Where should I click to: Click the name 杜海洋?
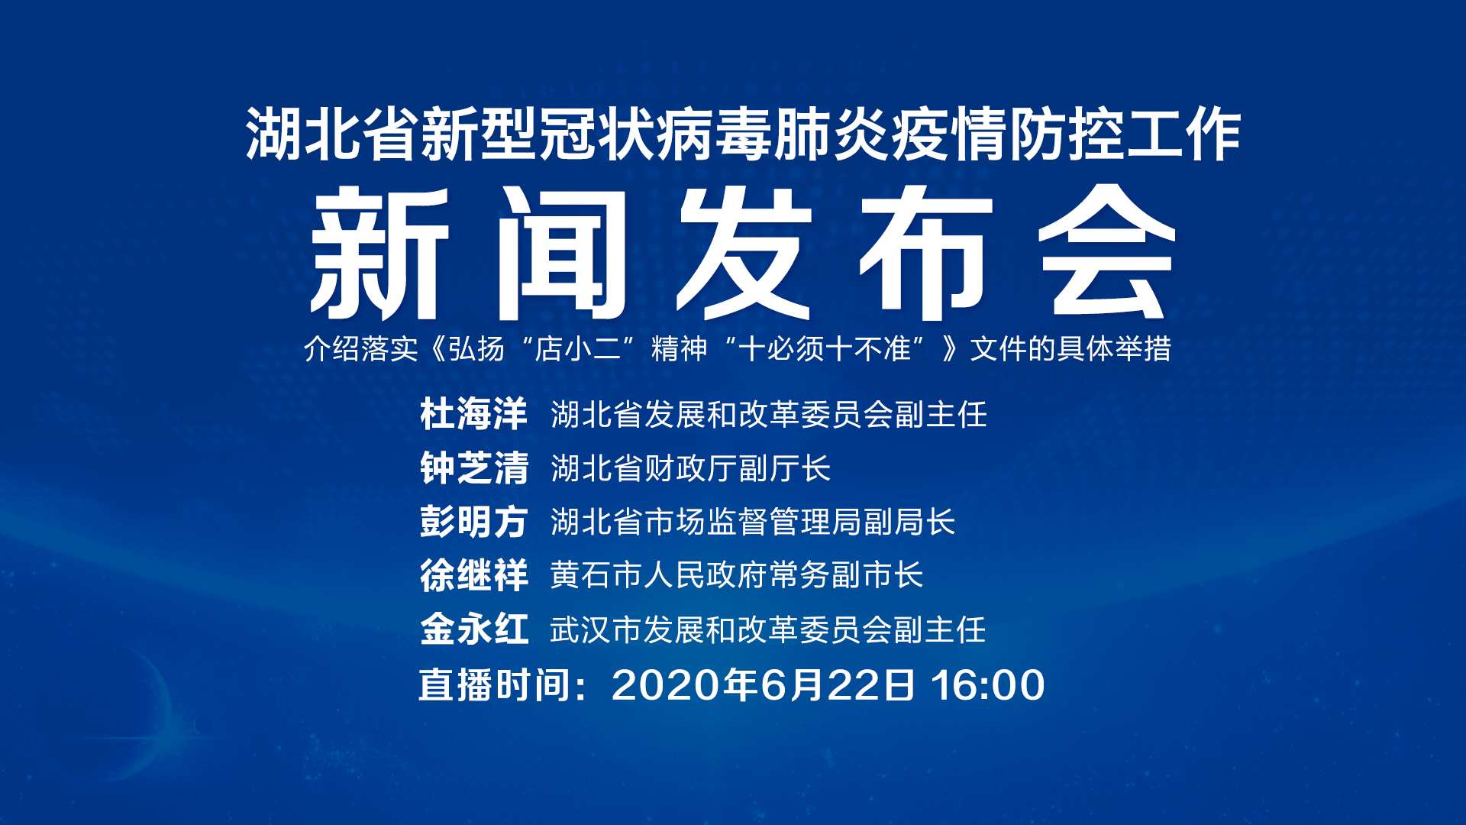tap(473, 415)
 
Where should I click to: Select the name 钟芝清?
tap(473, 468)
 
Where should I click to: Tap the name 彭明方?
tap(473, 522)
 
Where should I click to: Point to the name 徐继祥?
tap(473, 575)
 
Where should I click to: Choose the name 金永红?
tap(473, 630)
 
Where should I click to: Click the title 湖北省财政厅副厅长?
tap(691, 468)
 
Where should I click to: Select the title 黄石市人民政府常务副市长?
tap(737, 575)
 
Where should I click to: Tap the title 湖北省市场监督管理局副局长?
tap(753, 522)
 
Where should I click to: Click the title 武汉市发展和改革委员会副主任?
tap(768, 630)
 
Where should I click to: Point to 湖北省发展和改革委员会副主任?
tap(769, 415)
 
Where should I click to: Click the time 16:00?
tap(988, 685)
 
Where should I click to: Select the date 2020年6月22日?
tap(764, 685)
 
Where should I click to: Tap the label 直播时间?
tap(496, 685)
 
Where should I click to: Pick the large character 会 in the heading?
tap(1106, 252)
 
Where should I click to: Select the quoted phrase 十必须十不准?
tap(825, 349)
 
